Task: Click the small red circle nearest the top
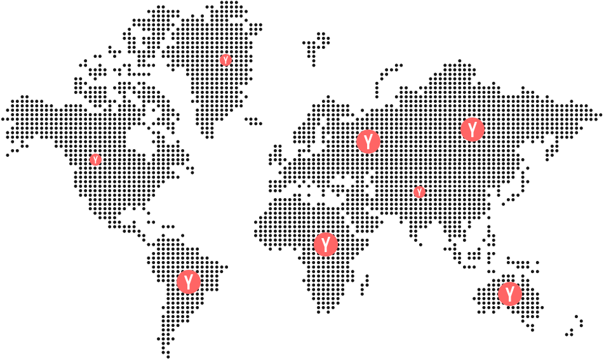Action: [225, 60]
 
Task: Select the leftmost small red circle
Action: [95, 159]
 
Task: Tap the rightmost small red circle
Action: [419, 192]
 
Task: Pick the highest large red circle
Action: [472, 130]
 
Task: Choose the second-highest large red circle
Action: [368, 142]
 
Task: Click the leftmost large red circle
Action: [189, 281]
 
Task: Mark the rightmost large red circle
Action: [509, 294]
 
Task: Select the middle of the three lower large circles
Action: [326, 244]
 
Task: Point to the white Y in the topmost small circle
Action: [225, 60]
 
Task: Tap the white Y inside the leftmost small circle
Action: [95, 159]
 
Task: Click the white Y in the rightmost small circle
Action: [419, 192]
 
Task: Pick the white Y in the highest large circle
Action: [472, 130]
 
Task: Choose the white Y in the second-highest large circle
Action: [368, 142]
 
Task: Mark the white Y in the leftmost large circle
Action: [189, 281]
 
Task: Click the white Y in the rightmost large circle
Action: [509, 294]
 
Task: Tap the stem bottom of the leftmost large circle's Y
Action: [189, 288]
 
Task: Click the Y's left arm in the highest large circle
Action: [469, 124]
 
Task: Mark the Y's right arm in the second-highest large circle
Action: [372, 136]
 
